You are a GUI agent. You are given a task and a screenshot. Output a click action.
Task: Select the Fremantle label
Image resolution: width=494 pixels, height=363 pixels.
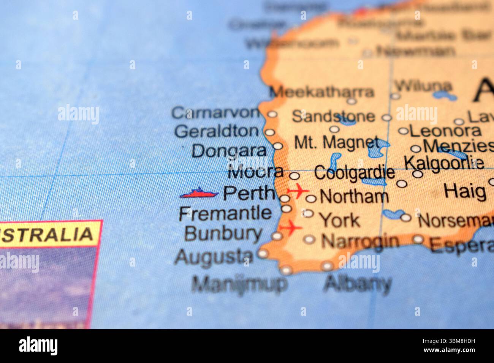[225, 213]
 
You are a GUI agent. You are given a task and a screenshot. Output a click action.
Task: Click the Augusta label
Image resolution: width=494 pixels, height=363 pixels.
[214, 257]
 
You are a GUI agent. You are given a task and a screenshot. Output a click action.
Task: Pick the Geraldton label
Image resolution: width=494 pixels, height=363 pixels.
[217, 131]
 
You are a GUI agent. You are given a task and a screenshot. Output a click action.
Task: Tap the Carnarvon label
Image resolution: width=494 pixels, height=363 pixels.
[215, 113]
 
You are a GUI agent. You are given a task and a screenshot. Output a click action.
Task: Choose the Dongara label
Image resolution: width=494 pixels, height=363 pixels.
[229, 151]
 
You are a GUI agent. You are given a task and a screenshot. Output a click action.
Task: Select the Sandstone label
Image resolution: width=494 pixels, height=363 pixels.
[333, 116]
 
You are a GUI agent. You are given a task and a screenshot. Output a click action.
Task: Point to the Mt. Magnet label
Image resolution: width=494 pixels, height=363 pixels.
[337, 143]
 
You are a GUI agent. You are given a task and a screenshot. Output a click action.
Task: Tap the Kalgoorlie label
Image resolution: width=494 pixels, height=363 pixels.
[444, 163]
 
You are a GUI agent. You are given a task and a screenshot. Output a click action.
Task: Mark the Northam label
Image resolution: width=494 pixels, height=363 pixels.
[354, 197]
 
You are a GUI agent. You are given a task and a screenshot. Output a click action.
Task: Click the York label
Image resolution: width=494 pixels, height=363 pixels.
[339, 220]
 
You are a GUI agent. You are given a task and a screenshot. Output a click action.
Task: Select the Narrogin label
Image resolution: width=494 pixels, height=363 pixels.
[360, 241]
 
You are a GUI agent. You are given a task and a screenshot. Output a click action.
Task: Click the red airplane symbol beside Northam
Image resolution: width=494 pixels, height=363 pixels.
[298, 190]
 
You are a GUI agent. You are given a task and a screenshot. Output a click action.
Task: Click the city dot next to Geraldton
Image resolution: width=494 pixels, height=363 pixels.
[269, 132]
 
